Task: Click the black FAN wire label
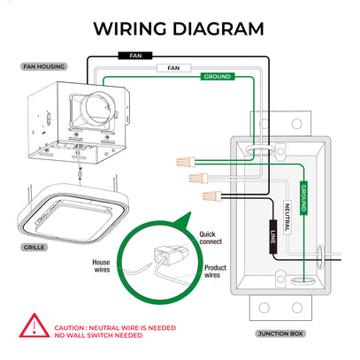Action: (135, 56)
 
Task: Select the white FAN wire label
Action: (173, 68)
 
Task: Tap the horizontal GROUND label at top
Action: (218, 77)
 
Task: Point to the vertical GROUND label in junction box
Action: (303, 198)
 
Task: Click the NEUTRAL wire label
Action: (287, 218)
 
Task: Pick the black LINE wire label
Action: (273, 237)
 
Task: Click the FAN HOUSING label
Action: (44, 66)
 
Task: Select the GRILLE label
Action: (34, 248)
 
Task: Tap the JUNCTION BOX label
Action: (280, 333)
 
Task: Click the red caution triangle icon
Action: (34, 326)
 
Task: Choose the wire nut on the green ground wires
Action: (186, 162)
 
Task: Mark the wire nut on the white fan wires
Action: (198, 178)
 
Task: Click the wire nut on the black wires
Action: (212, 196)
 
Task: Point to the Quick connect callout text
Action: (211, 238)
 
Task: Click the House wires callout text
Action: (101, 266)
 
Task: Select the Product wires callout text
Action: (215, 272)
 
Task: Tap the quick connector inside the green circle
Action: (171, 256)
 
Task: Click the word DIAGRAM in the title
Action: (218, 29)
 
